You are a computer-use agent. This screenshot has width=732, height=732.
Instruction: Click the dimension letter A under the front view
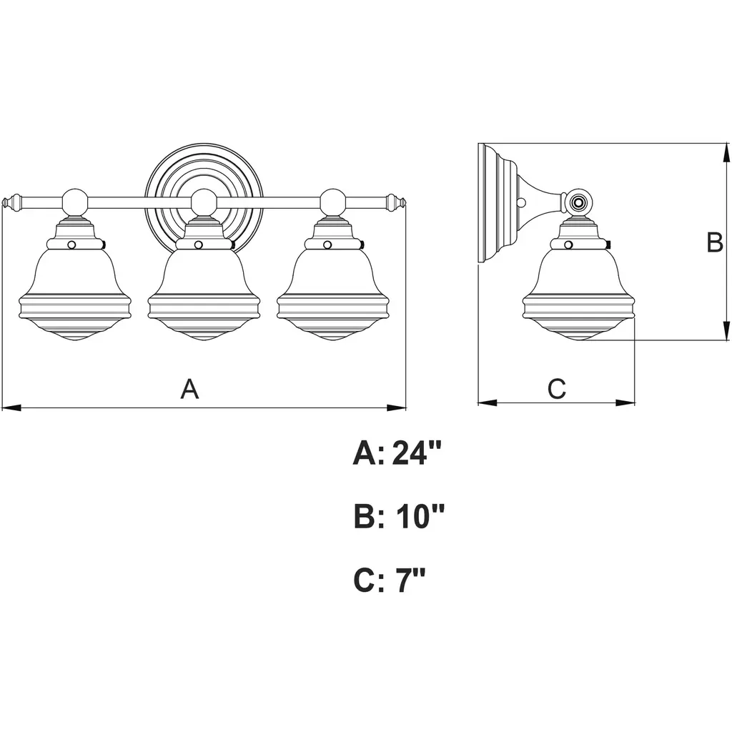189,390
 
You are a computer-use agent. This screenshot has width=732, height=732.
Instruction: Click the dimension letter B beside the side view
715,243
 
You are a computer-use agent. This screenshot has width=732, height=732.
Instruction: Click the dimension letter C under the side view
557,390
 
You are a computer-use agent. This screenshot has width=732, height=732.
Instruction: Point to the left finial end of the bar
11,202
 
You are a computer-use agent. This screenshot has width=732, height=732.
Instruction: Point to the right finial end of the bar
397,202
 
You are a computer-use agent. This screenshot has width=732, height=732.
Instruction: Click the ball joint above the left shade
75,202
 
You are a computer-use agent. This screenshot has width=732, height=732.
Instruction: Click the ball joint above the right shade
332,202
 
